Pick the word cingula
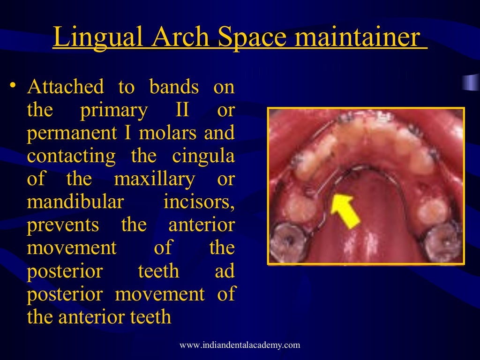pos(203,156)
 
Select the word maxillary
pos(154,179)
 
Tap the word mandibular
pos(75,202)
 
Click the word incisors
pos(199,202)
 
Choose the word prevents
pos(63,225)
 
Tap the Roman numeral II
pos(182,110)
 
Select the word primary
pos(114,110)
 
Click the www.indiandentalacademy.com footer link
pos(240,345)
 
